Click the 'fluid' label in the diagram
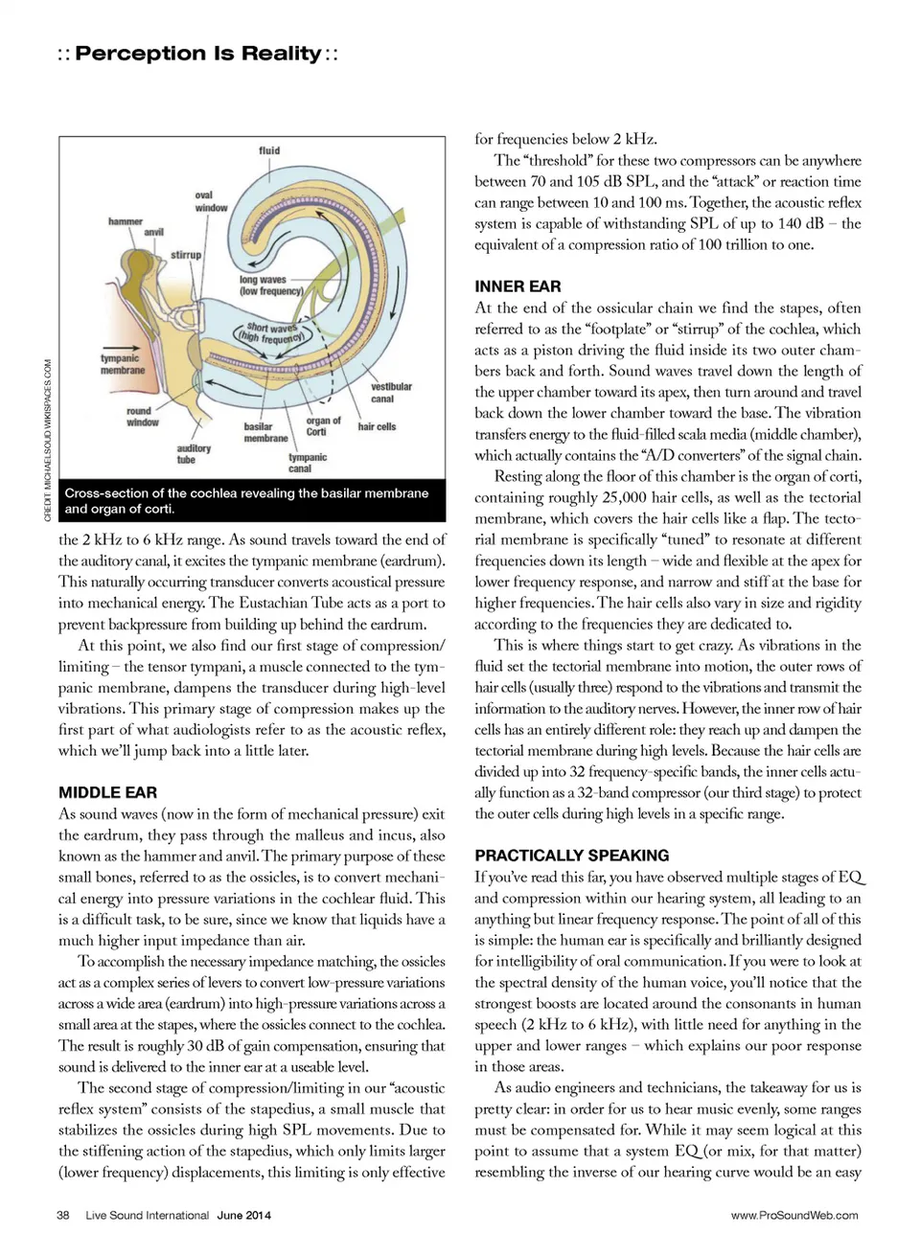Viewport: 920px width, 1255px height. tap(269, 150)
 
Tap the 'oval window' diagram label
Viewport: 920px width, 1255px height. tap(211, 201)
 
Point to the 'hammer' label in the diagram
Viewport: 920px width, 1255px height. tap(126, 221)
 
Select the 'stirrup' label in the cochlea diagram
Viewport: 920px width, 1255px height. tap(186, 255)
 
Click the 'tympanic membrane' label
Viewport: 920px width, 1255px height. tap(123, 364)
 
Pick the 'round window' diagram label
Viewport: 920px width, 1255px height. tap(143, 417)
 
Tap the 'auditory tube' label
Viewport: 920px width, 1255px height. tap(194, 454)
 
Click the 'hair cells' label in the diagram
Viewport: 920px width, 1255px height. tap(377, 426)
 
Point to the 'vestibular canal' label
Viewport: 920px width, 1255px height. tap(391, 393)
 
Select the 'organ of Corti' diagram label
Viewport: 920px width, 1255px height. tap(323, 426)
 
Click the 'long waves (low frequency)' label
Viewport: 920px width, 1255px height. tap(270, 285)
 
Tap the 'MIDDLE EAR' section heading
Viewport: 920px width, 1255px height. tap(107, 792)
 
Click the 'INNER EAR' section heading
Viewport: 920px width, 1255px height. tap(517, 286)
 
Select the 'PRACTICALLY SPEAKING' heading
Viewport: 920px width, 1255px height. tap(571, 856)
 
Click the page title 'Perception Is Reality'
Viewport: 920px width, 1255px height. tap(197, 54)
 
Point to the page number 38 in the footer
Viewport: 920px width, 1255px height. tap(63, 1215)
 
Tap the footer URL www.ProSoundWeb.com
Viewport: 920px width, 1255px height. tap(794, 1215)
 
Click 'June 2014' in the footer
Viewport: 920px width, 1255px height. tap(243, 1215)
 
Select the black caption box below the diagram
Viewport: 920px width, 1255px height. tap(252, 501)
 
